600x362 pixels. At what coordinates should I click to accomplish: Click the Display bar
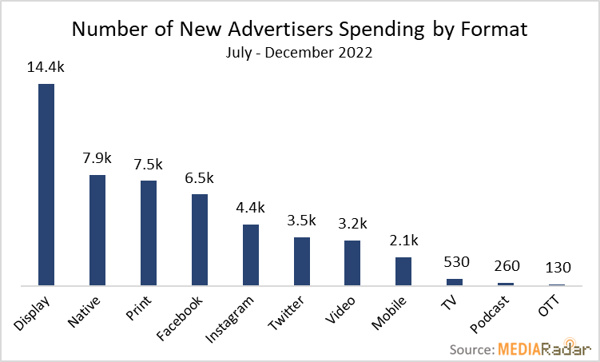[x=46, y=185]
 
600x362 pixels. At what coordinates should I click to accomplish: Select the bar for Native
[x=97, y=230]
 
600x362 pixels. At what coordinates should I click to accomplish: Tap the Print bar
[x=149, y=233]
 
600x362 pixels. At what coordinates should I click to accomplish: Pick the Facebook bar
[x=200, y=240]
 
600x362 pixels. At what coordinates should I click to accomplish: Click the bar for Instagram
[x=251, y=255]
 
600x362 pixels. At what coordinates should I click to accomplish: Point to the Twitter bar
[x=302, y=261]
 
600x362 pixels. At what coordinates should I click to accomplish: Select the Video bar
[x=352, y=263]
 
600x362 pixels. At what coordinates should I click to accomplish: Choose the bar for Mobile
[x=403, y=271]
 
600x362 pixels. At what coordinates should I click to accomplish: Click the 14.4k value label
[x=46, y=68]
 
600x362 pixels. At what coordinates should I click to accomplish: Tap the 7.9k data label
[x=97, y=158]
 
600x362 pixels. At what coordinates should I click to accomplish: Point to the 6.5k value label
[x=200, y=178]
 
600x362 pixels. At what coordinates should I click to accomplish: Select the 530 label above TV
[x=455, y=261]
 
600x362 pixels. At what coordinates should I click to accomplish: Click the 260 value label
[x=506, y=266]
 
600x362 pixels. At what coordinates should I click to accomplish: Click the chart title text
[x=300, y=30]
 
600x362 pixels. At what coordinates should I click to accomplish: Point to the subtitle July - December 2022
[x=300, y=54]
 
